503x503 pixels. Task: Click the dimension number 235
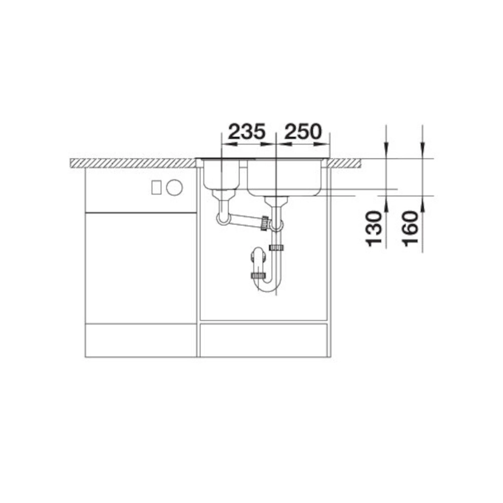click(x=247, y=131)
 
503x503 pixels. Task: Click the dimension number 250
click(x=303, y=131)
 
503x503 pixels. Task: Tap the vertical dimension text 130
click(x=374, y=228)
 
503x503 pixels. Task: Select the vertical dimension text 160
click(x=411, y=228)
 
